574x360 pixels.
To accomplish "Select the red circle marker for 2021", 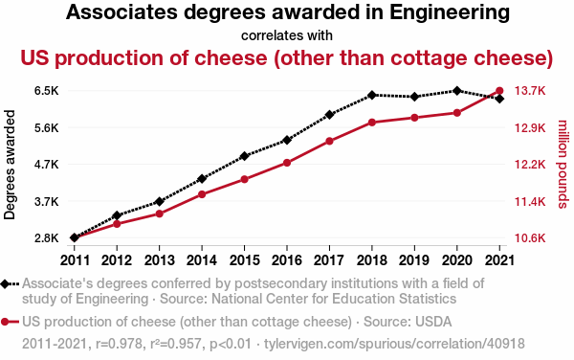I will [498, 91].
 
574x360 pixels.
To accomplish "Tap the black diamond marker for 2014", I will [202, 178].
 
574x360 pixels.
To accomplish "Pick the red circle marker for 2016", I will [287, 163].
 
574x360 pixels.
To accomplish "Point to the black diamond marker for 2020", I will [456, 91].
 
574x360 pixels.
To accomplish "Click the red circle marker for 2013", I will [160, 214].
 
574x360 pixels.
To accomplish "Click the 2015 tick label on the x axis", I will [244, 259].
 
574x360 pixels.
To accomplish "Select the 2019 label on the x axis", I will [413, 259].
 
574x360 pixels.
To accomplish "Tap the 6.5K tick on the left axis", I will [46, 91].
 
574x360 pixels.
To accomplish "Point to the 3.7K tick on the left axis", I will [46, 202].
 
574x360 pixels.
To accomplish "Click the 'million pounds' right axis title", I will [563, 165].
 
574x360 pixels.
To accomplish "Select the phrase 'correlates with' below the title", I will [287, 35].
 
